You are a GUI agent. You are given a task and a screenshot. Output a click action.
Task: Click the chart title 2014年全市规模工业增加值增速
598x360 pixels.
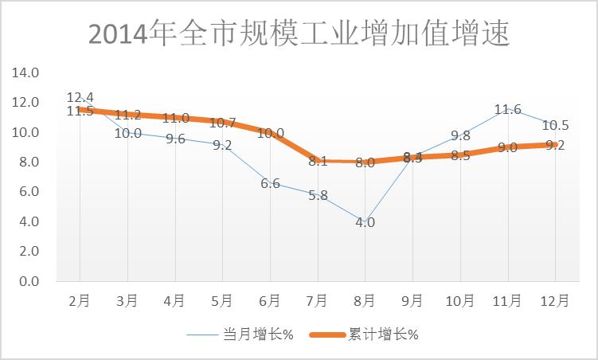point(299,34)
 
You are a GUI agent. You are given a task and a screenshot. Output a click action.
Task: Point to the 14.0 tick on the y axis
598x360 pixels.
point(25,72)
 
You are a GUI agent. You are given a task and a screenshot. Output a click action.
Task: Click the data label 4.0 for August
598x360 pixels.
point(365,222)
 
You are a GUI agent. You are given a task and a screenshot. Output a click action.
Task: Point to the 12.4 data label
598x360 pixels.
point(80,97)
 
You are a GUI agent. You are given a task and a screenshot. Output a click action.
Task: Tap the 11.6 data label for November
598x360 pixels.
point(507,109)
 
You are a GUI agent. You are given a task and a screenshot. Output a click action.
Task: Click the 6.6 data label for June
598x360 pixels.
point(270,183)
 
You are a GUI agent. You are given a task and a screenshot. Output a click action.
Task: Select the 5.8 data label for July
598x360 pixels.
point(317,195)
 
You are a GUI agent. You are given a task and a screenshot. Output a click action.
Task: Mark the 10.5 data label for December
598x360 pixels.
point(555,125)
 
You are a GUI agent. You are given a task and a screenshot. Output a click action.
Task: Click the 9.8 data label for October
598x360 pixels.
point(460,135)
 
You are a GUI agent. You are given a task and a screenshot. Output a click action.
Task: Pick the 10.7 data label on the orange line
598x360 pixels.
point(222,123)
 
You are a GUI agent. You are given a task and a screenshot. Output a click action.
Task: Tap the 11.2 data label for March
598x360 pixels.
point(127,115)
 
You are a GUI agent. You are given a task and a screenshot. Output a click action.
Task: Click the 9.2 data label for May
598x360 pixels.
point(222,145)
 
